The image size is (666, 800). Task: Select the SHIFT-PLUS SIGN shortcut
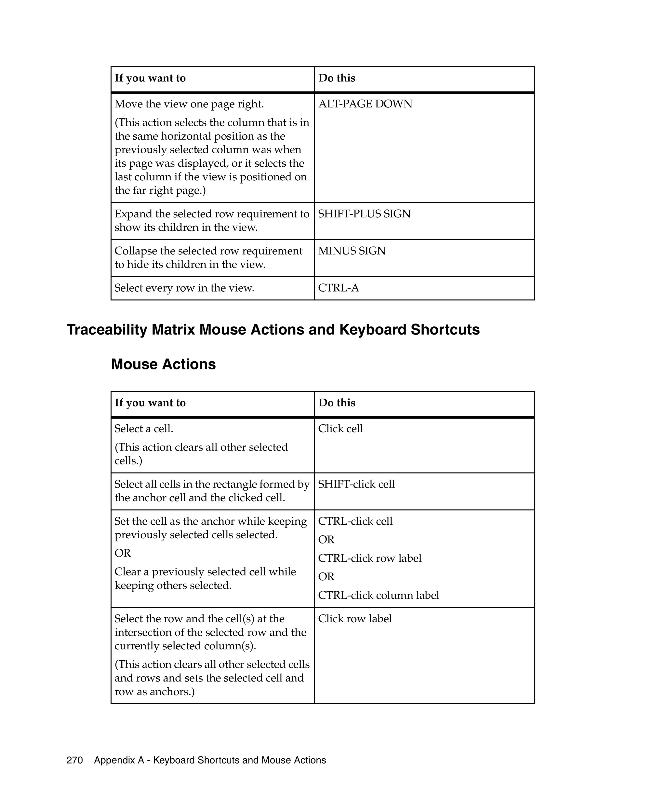point(364,214)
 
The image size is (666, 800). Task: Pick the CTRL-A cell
point(338,288)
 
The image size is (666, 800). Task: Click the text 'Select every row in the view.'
point(184,288)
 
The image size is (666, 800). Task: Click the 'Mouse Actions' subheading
point(163,364)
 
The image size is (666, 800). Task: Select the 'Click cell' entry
point(340,429)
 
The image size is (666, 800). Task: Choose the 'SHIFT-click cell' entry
point(356,484)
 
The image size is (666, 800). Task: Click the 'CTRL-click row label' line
point(369,558)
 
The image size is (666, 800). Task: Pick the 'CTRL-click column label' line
point(378,595)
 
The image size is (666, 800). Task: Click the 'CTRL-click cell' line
point(355,521)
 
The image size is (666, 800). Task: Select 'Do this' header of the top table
point(337,78)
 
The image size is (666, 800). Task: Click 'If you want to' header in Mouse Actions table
point(150,403)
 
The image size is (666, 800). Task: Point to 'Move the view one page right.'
point(189,104)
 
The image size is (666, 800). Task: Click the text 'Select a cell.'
point(144,429)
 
